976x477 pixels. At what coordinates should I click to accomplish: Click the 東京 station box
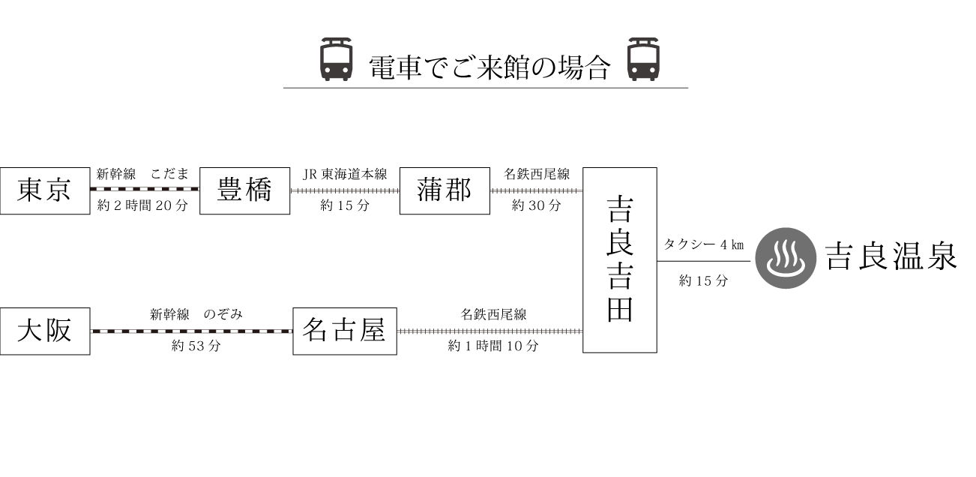tap(44, 191)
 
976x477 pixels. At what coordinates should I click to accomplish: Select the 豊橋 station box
tap(244, 191)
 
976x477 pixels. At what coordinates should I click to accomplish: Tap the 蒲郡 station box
tap(445, 191)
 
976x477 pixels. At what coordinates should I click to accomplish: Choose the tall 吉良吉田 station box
tap(619, 259)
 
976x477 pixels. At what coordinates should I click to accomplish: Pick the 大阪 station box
tap(44, 331)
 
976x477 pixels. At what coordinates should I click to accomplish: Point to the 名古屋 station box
tap(344, 331)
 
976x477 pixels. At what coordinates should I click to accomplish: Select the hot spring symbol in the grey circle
tap(785, 259)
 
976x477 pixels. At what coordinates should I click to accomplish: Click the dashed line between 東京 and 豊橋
tap(145, 189)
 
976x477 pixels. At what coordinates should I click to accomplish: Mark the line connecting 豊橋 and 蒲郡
tap(345, 190)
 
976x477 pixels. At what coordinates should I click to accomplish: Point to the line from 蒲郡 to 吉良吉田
tap(536, 190)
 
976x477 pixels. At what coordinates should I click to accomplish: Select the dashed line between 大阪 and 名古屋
tap(191, 331)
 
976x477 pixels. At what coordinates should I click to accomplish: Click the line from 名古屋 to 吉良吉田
tap(489, 331)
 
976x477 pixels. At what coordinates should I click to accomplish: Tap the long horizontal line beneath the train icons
tap(486, 88)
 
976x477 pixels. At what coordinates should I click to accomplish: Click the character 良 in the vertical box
tap(620, 239)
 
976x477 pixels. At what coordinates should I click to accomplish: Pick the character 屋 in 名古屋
tap(372, 331)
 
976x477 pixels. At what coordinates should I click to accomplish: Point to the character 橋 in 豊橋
tap(258, 191)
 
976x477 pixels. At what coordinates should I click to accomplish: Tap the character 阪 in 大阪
tap(58, 331)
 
